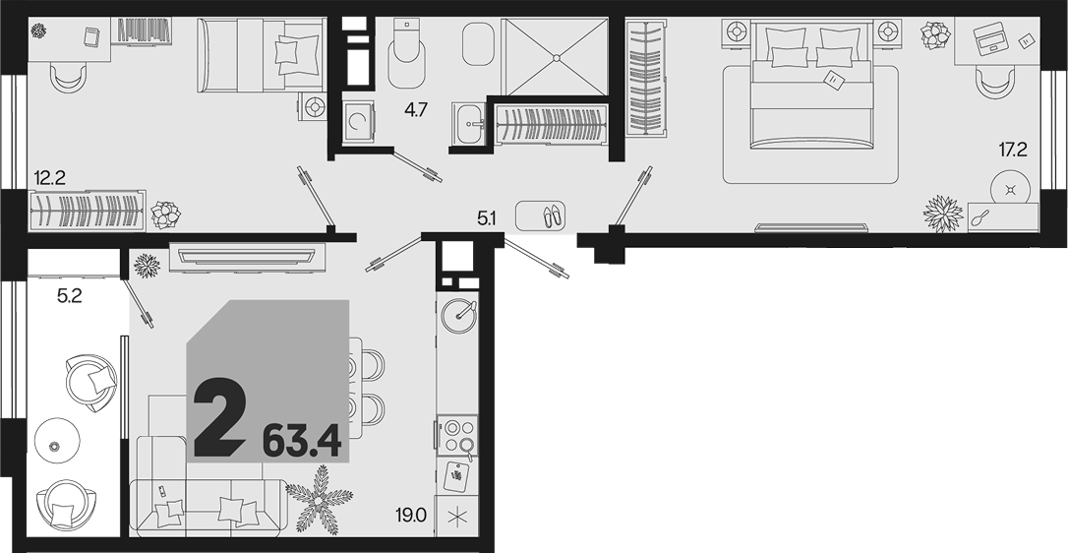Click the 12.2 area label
49,179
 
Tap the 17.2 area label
1013,150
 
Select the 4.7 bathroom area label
415,110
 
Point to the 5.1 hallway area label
487,218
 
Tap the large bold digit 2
219,418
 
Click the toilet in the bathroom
406,54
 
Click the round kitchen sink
457,314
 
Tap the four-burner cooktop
457,436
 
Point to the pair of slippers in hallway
551,215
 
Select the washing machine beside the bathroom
358,122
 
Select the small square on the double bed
834,80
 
